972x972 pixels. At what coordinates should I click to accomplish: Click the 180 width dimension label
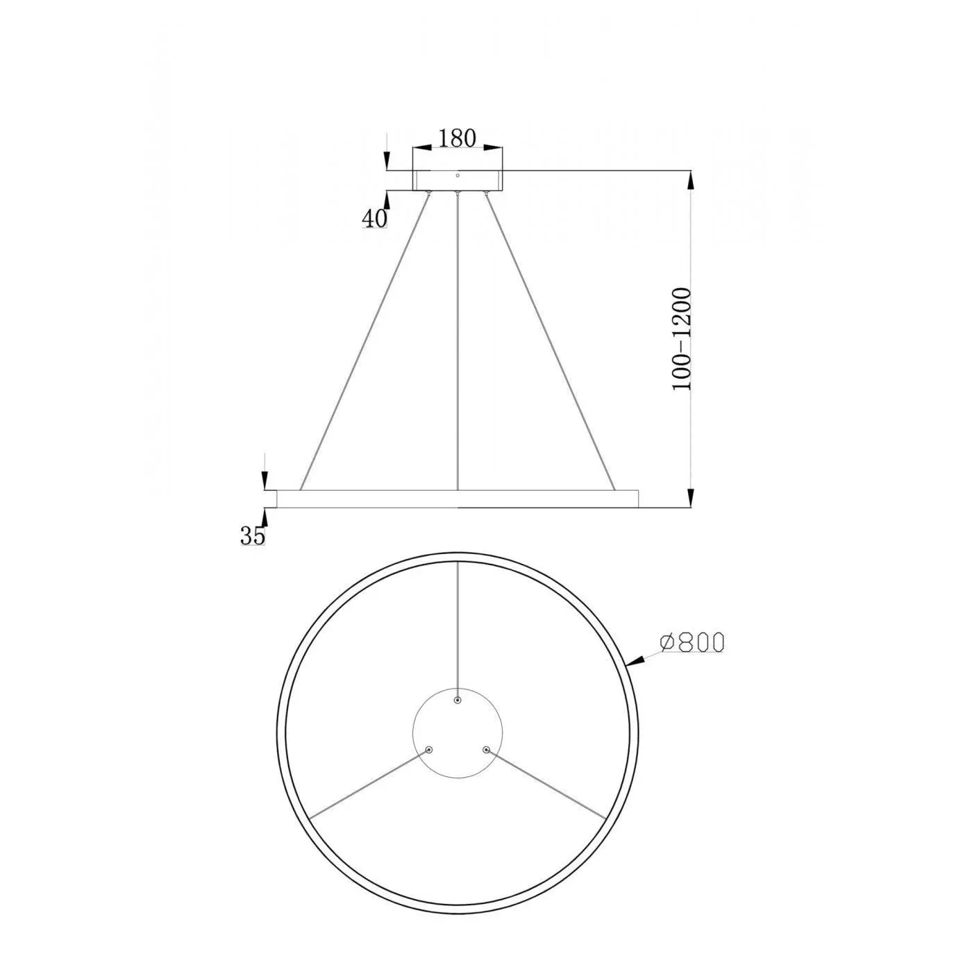pos(458,138)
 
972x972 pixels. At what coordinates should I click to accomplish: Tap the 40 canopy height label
pos(374,219)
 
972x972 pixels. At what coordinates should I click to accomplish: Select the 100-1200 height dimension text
pos(682,339)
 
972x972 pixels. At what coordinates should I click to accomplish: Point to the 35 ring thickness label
pos(253,536)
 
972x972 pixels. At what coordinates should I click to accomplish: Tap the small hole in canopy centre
pos(458,176)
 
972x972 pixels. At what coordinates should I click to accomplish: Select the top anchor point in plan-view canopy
pos(458,701)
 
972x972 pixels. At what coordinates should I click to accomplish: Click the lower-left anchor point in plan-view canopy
pos(429,750)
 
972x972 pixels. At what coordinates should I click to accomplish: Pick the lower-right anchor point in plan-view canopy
pos(486,750)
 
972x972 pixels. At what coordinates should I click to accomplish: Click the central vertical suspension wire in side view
pos(458,340)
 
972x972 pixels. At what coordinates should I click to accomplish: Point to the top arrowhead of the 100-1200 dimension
pos(691,181)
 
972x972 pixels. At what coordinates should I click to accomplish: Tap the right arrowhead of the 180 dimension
pos(494,147)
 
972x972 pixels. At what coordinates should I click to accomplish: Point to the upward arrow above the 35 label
pos(264,517)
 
